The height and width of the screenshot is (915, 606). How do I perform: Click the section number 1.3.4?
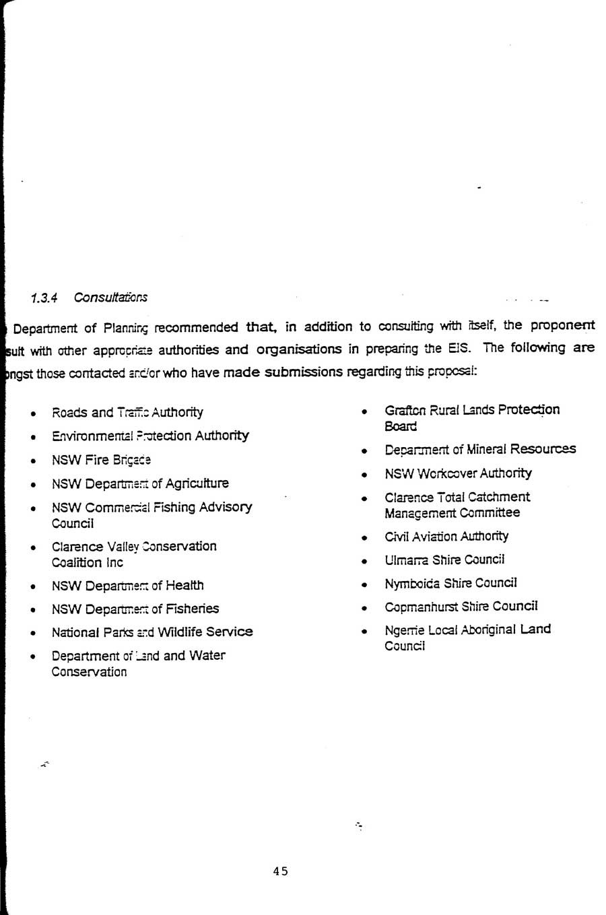pos(44,298)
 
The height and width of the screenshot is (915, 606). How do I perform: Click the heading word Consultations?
pos(110,298)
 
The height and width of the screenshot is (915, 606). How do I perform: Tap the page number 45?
pos(280,871)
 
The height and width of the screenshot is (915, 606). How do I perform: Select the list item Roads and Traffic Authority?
pos(127,413)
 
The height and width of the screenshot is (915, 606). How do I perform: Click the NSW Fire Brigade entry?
pos(101,461)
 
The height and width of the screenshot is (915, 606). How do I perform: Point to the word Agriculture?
pos(197,483)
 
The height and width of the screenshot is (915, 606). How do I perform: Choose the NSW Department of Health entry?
pos(127,586)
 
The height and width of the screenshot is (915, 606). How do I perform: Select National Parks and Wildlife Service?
pos(152,632)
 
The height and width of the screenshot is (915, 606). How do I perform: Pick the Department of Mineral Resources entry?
pos(480,449)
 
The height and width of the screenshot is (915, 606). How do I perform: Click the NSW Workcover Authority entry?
pos(458,473)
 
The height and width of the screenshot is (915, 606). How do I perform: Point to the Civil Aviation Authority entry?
pos(446,537)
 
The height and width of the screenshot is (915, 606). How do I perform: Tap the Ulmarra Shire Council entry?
pos(444,560)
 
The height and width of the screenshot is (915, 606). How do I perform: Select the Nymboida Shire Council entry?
pos(450,583)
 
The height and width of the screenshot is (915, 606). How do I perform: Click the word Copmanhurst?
pos(420,607)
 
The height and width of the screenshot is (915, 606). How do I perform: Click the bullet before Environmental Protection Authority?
pos(32,438)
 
